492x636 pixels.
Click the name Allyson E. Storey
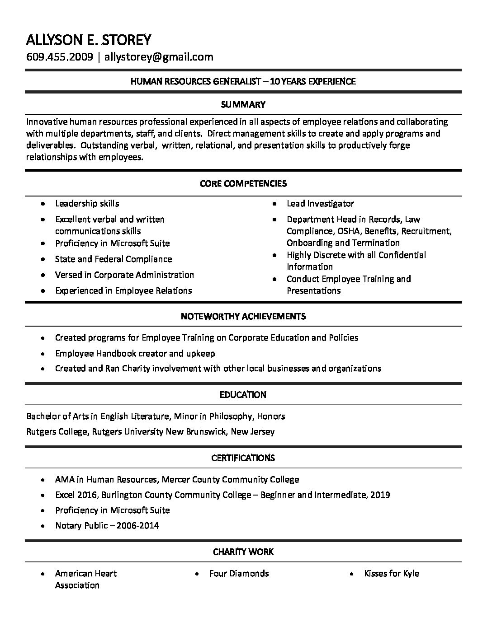(x=88, y=40)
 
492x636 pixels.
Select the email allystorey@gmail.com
(x=159, y=56)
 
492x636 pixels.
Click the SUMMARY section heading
(x=243, y=105)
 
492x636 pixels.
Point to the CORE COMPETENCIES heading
(x=243, y=183)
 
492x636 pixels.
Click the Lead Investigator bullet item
(x=320, y=204)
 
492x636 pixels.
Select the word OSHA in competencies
(x=360, y=231)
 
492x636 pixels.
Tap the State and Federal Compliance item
(x=114, y=259)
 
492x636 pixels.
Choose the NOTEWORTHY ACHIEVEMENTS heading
(x=243, y=316)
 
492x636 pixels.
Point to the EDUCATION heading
(x=243, y=395)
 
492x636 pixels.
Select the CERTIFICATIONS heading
(x=243, y=458)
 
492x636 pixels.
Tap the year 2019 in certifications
(x=380, y=495)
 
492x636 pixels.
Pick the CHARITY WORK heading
(x=243, y=552)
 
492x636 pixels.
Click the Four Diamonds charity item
(x=239, y=574)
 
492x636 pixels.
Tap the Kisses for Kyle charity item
(x=392, y=574)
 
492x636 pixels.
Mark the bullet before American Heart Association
(x=43, y=574)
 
